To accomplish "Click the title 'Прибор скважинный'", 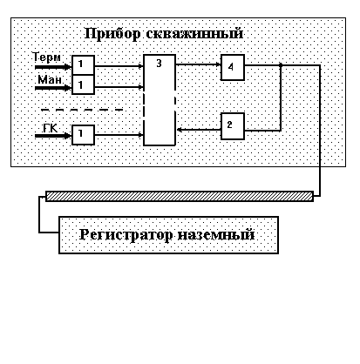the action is point(164,34).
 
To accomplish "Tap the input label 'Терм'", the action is point(46,57).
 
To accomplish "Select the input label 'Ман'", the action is point(50,79).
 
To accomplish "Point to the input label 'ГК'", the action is point(51,128).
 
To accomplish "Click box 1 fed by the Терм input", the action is point(83,65).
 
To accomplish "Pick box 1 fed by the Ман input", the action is point(83,84).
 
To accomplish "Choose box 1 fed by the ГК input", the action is point(83,135).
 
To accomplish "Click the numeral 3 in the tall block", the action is point(159,64).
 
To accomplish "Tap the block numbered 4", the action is point(233,67).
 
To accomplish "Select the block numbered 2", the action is point(233,126).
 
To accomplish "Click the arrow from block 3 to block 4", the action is point(198,64).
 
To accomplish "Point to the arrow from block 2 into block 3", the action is point(199,130).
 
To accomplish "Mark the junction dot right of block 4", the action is point(281,65).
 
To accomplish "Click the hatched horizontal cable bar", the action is point(180,196).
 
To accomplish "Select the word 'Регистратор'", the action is point(126,235).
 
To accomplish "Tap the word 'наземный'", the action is point(216,234).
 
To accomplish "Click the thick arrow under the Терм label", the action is point(53,67).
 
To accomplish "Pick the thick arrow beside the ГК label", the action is point(53,136).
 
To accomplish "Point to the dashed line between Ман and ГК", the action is point(82,110).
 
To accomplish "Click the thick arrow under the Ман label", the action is point(53,88).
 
